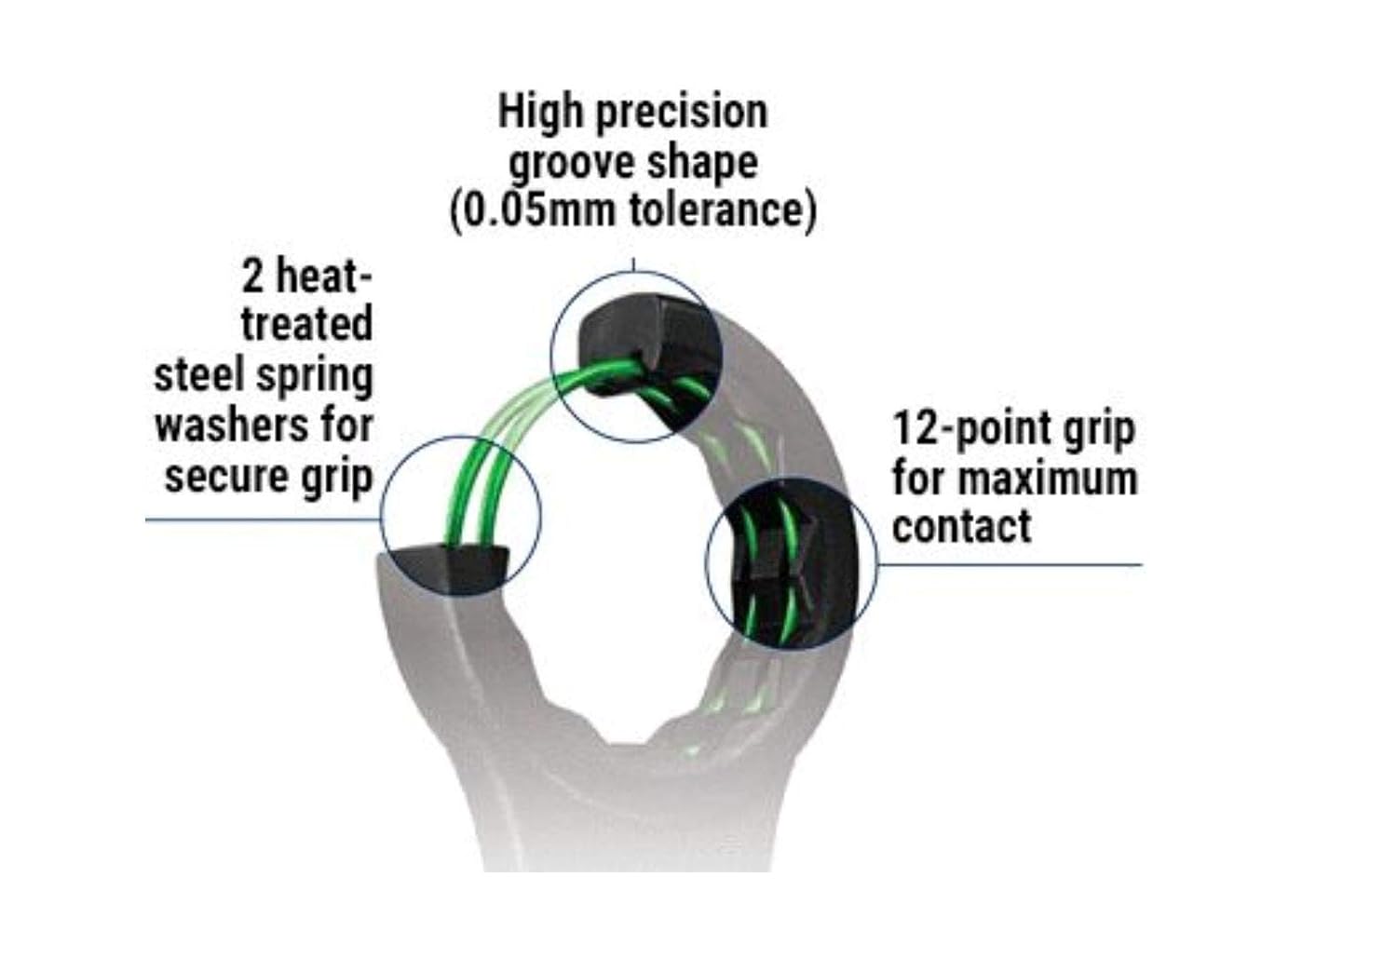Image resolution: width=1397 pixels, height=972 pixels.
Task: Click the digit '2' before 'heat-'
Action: pyautogui.click(x=251, y=277)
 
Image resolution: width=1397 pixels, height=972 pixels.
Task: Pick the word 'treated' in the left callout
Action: pyautogui.click(x=306, y=324)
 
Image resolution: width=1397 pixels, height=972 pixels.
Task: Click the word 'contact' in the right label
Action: pyautogui.click(x=961, y=526)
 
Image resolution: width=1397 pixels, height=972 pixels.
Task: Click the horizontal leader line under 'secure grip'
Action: pyautogui.click(x=261, y=520)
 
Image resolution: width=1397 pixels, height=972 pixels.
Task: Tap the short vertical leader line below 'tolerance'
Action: pyautogui.click(x=633, y=264)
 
